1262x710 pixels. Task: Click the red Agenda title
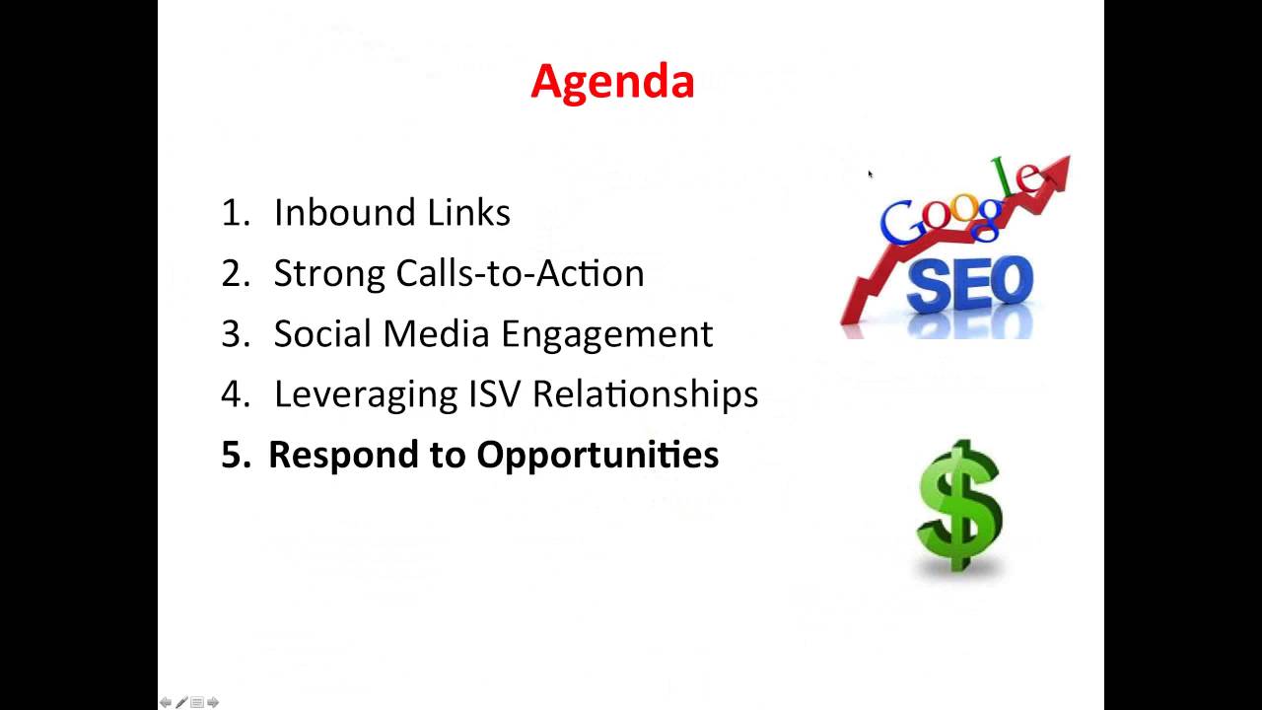coord(612,81)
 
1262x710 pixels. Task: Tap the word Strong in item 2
coord(329,273)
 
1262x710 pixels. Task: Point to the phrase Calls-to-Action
coord(520,273)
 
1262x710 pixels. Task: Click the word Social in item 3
coord(322,333)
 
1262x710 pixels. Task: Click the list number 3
coord(236,334)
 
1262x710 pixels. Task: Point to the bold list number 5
coord(234,455)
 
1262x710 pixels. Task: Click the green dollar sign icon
coord(959,505)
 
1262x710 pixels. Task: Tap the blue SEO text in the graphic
coord(969,286)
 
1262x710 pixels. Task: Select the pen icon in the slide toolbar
coord(181,702)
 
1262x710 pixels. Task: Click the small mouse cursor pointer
coord(870,175)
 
